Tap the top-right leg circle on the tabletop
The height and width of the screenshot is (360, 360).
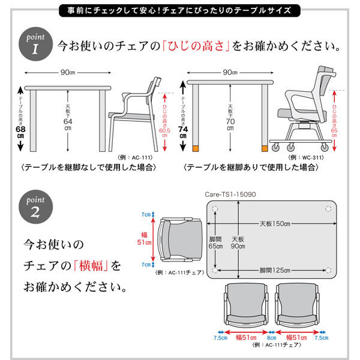pos(328,209)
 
